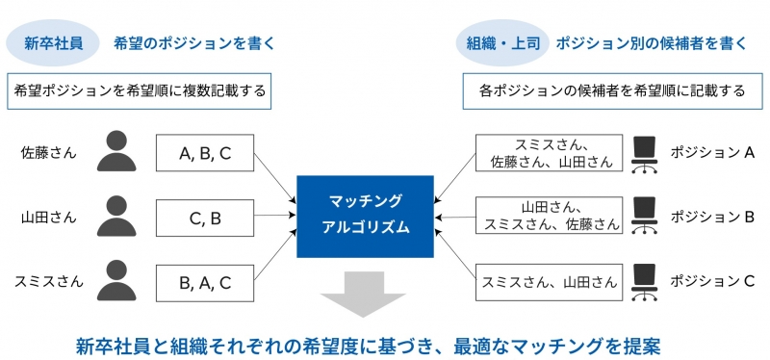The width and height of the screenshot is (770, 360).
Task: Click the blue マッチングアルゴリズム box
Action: click(365, 217)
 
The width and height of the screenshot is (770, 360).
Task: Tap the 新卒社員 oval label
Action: click(54, 43)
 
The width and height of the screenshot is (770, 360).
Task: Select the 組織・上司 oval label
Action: click(502, 43)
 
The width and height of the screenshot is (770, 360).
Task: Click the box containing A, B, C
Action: click(205, 153)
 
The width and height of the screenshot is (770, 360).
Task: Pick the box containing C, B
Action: click(205, 218)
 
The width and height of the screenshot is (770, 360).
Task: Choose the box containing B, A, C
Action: click(205, 282)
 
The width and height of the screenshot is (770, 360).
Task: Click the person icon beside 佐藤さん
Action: click(116, 151)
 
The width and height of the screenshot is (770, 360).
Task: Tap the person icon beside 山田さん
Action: click(116, 216)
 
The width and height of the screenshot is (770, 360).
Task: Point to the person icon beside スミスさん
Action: click(116, 280)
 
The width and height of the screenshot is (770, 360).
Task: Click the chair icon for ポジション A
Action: click(644, 154)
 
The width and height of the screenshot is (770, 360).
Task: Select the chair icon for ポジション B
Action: click(644, 217)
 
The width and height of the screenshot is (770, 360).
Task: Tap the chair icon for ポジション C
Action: click(644, 282)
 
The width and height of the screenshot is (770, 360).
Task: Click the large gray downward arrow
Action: click(363, 295)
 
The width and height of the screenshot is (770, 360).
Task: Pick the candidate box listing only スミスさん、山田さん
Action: click(549, 282)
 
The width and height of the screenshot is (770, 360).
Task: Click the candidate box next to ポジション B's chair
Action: click(549, 216)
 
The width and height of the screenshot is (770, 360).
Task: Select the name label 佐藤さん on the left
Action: click(49, 153)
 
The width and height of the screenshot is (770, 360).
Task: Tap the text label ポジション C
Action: click(712, 281)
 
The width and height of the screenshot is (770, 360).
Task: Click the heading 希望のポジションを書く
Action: click(194, 43)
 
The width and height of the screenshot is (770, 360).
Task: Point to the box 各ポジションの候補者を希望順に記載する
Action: click(611, 90)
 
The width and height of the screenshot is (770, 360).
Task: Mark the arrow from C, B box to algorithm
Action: click(275, 215)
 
